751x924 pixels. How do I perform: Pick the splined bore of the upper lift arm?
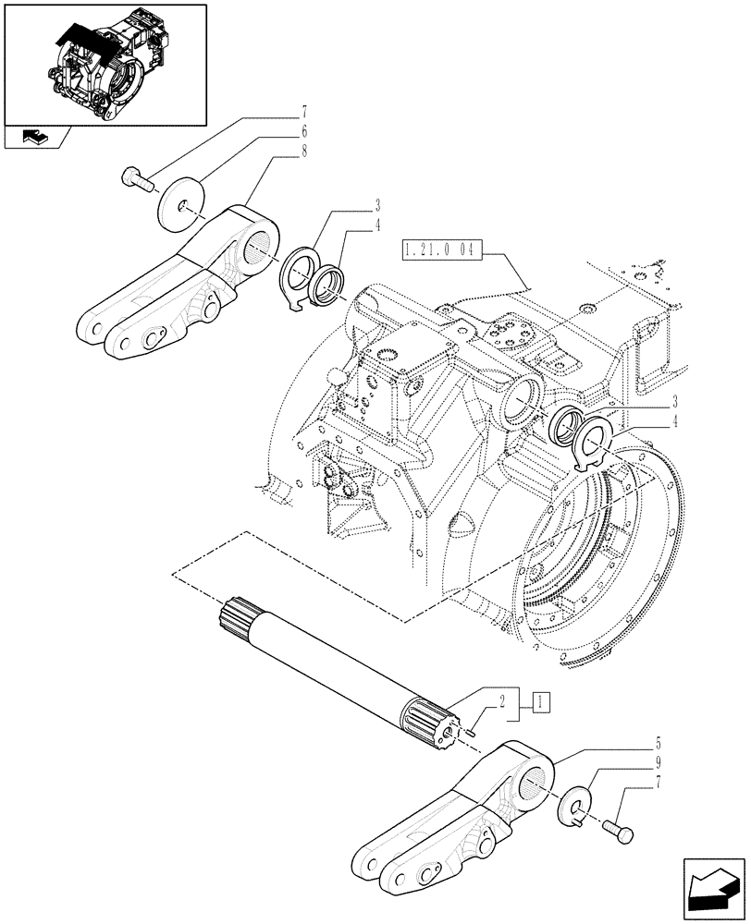[x=262, y=244]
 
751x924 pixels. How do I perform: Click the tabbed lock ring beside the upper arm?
[x=300, y=278]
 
